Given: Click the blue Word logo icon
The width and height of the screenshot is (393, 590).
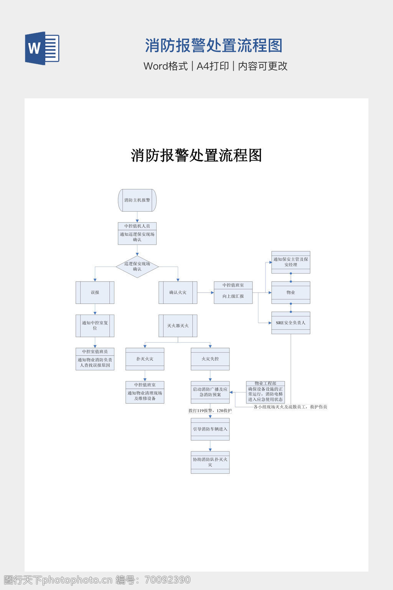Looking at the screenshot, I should pyautogui.click(x=42, y=48).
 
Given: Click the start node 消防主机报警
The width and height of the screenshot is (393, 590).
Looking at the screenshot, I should pyautogui.click(x=137, y=200).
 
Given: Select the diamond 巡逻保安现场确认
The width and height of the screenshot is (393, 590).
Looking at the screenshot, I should pyautogui.click(x=137, y=267).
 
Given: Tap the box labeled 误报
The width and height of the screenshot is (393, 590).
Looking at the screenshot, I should pyautogui.click(x=95, y=293).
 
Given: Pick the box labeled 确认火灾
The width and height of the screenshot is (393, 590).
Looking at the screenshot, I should pyautogui.click(x=178, y=293).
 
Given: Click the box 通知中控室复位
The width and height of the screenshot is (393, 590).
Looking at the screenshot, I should pyautogui.click(x=95, y=326).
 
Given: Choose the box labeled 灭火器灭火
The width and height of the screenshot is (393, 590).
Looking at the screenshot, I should pyautogui.click(x=178, y=326).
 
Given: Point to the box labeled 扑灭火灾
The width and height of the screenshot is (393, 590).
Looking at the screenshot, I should pyautogui.click(x=145, y=359).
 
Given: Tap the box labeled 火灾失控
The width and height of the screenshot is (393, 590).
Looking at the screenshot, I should pyautogui.click(x=210, y=359).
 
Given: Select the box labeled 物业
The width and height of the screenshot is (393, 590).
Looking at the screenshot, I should pyautogui.click(x=291, y=293).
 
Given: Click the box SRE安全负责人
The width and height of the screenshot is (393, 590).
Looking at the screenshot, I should pyautogui.click(x=291, y=323).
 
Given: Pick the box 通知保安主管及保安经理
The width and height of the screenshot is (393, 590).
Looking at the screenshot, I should pyautogui.click(x=291, y=262).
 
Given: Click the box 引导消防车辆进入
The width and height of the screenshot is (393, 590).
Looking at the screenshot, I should pyautogui.click(x=210, y=429).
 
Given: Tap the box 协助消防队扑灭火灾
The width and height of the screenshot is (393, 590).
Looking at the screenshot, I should pyautogui.click(x=210, y=462).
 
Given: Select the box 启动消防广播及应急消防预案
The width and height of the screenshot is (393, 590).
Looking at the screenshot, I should pyautogui.click(x=210, y=392).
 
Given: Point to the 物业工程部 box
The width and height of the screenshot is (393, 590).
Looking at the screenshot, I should pyautogui.click(x=265, y=392).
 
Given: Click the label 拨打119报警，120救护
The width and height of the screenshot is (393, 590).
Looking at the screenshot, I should pyautogui.click(x=210, y=411).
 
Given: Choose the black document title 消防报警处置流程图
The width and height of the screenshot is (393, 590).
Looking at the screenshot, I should pyautogui.click(x=196, y=156).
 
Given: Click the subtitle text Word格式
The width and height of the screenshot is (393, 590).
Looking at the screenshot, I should pyautogui.click(x=165, y=66).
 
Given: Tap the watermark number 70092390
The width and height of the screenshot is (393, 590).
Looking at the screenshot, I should pyautogui.click(x=167, y=580).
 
